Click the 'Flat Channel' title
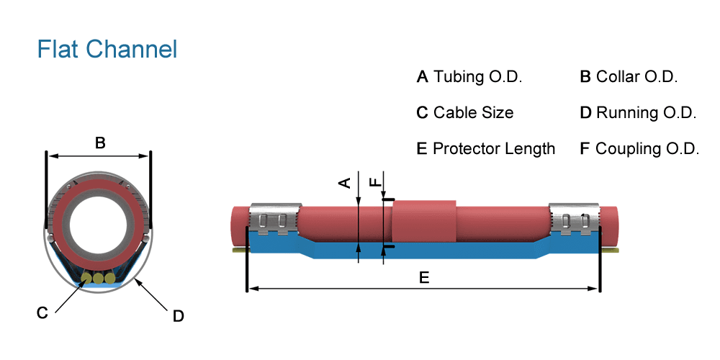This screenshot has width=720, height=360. coord(107,49)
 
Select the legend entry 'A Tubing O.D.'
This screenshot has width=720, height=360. coord(469,77)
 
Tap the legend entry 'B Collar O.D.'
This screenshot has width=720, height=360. coord(629,77)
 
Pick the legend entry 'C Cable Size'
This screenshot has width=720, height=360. coord(465,113)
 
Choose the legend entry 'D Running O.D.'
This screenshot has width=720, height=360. coord(638,113)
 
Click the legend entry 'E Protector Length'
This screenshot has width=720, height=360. coord(486,149)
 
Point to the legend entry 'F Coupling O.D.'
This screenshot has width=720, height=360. coord(639,149)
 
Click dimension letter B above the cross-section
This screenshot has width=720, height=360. coord(100,143)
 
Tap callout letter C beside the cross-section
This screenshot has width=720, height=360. coord(42,312)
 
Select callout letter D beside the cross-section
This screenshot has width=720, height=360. coord(179,315)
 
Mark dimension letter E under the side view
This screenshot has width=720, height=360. coord(424,278)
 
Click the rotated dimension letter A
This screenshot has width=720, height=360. coord(345,182)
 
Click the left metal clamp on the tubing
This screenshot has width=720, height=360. coord(274,219)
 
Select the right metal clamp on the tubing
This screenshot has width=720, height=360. coord(573,219)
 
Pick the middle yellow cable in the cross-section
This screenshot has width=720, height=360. coord(98,278)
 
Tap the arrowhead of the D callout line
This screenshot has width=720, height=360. coord(136,281)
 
